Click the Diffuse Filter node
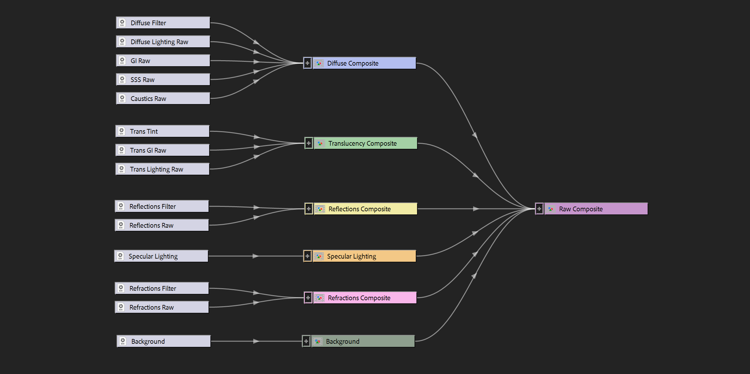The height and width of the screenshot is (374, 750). [x=163, y=23]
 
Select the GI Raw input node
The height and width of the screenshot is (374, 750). [x=163, y=61]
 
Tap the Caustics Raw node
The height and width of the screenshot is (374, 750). [x=163, y=98]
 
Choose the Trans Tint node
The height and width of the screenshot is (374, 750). [x=162, y=131]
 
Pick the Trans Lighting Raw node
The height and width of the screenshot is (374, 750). [x=162, y=169]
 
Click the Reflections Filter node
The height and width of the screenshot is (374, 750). [x=162, y=206]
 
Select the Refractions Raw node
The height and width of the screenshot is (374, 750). [x=162, y=307]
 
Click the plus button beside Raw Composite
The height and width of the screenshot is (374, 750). [x=539, y=209]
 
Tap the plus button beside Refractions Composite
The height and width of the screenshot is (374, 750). [x=308, y=298]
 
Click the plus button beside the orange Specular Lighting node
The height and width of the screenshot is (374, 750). [x=307, y=256]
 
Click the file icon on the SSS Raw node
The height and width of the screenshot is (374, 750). [x=122, y=79]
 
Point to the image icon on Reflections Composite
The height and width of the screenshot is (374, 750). [x=320, y=209]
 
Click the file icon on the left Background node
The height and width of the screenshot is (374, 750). [x=123, y=341]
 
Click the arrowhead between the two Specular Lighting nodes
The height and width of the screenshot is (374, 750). [x=256, y=256]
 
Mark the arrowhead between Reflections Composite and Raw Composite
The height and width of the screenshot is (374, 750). [x=476, y=209]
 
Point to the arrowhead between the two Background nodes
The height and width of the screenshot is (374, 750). [x=256, y=341]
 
